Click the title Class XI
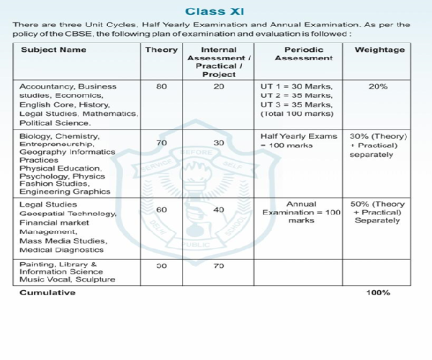[215, 11]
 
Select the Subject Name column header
[53, 50]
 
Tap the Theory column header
[161, 50]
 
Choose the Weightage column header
[377, 50]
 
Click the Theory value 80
[161, 86]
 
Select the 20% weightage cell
[377, 86]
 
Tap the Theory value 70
[161, 143]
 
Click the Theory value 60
[161, 210]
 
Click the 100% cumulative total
[377, 292]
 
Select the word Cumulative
[48, 292]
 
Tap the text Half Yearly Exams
[298, 136]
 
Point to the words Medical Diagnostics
[62, 251]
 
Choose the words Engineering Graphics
[65, 192]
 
